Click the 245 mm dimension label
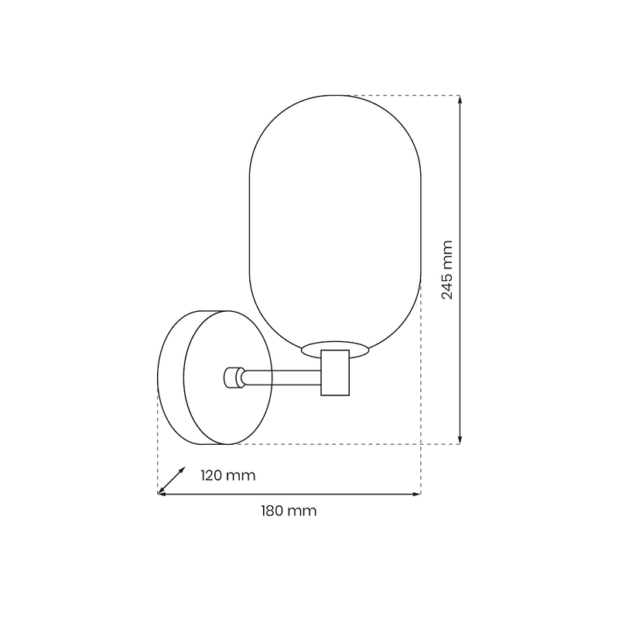click(x=448, y=269)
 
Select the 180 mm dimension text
click(x=289, y=511)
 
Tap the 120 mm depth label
click(x=227, y=475)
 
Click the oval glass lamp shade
click(x=334, y=217)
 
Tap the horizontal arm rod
click(x=282, y=378)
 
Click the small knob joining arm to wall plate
click(x=231, y=378)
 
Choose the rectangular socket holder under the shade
click(x=335, y=373)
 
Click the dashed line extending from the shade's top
click(x=402, y=95)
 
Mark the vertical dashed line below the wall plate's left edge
click(x=158, y=457)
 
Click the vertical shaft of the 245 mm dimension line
click(x=460, y=193)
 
